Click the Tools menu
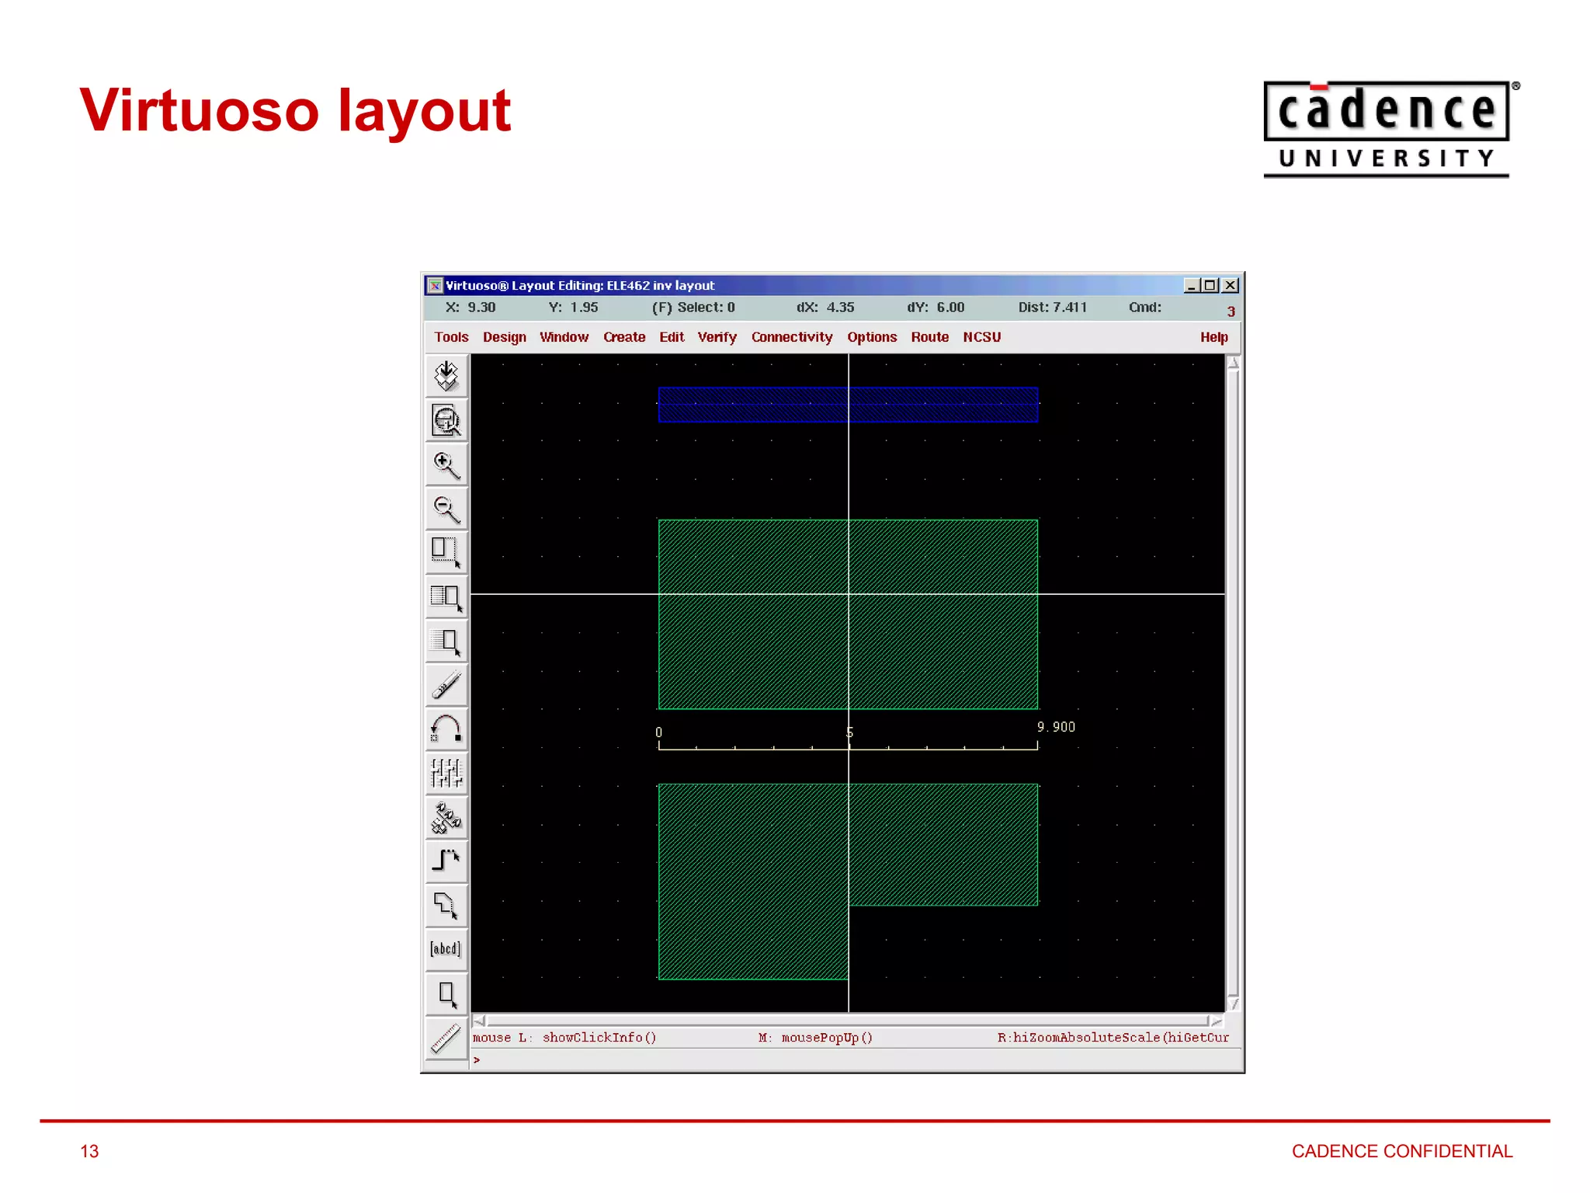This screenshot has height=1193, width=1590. (x=451, y=337)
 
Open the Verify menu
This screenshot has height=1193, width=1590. (x=717, y=337)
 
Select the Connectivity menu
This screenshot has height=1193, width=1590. (x=791, y=337)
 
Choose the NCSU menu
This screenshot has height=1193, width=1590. (x=981, y=337)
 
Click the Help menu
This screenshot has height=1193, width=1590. (x=1213, y=337)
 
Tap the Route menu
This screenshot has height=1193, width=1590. (x=929, y=337)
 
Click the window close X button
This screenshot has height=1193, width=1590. (x=1231, y=286)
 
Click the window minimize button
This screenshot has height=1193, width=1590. (x=1191, y=286)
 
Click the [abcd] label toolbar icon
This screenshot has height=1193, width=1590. (x=446, y=949)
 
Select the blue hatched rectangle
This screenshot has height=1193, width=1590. (x=848, y=405)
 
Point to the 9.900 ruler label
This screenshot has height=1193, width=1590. (x=1056, y=727)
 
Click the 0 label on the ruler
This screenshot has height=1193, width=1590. (x=658, y=732)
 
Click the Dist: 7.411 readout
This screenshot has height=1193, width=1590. (x=1052, y=308)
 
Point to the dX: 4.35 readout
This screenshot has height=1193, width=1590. (x=825, y=308)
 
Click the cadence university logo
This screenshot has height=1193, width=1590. (x=1387, y=130)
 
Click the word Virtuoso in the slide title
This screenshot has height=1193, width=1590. (x=199, y=110)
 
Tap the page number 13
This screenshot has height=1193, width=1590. (x=89, y=1151)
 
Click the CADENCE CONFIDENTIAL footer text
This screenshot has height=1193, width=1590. (x=1401, y=1151)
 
